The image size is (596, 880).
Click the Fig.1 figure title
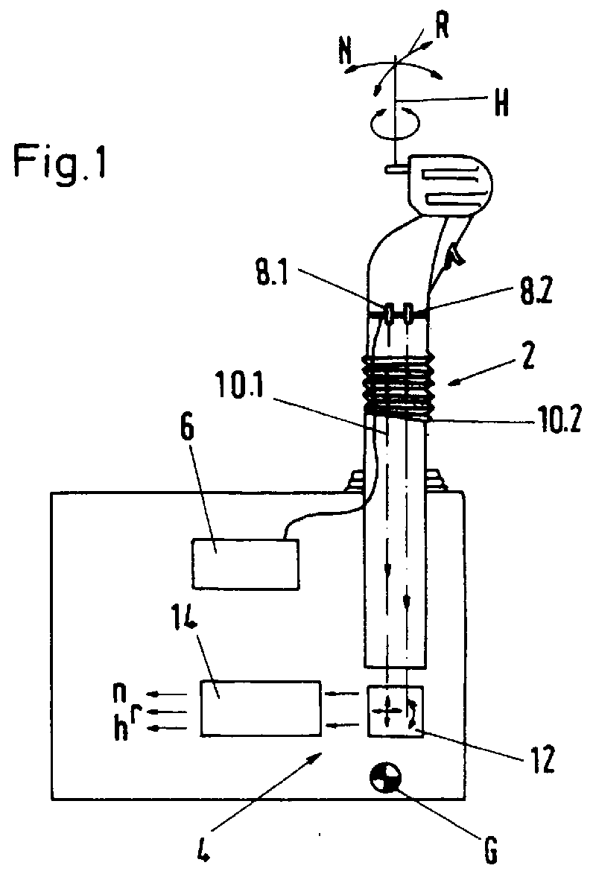59,163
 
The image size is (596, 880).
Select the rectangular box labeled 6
245,563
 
